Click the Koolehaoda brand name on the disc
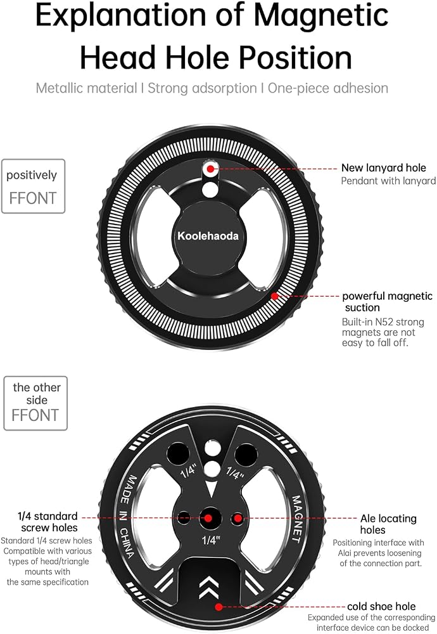tap(208, 236)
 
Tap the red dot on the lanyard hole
tap(210, 169)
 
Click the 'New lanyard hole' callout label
tap(384, 168)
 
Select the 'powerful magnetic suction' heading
tap(388, 302)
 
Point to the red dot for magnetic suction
tap(275, 296)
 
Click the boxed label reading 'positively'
tap(32, 176)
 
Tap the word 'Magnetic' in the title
tap(321, 15)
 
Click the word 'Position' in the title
tap(295, 58)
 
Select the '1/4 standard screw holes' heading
tap(47, 522)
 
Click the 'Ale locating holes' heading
tap(388, 524)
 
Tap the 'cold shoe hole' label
tap(381, 607)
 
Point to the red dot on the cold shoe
tap(219, 607)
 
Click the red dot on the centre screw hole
tap(208, 518)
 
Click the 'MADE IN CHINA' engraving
tap(128, 517)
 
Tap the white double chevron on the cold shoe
tap(209, 588)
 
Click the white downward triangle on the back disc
tap(211, 489)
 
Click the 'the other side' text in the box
tap(36, 394)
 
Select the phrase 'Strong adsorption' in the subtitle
tap(202, 88)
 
